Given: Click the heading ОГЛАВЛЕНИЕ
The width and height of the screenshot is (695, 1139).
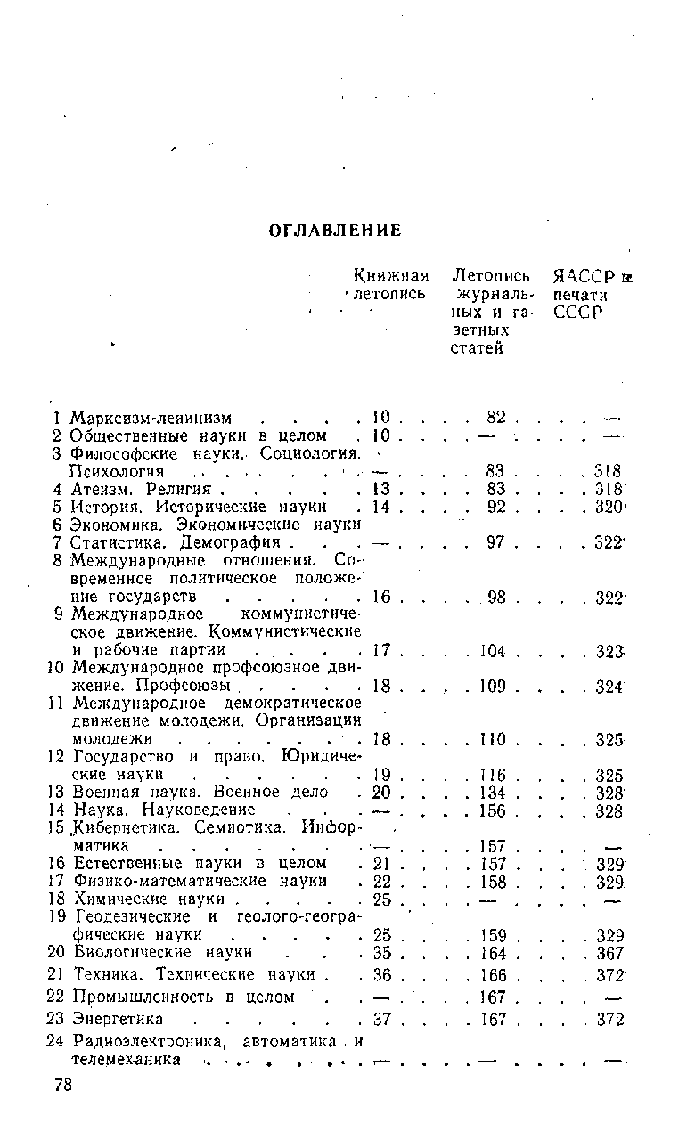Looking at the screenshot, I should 335,231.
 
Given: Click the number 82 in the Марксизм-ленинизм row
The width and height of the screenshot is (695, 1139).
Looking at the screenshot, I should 496,418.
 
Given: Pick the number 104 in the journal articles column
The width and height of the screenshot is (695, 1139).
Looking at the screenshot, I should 492,651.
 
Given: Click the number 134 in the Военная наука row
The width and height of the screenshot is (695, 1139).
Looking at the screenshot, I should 492,793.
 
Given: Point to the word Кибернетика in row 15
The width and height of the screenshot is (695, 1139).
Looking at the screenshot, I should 119,827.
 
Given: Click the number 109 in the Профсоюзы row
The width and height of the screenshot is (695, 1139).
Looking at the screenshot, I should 492,687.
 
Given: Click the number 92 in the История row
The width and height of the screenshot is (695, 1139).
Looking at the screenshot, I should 496,507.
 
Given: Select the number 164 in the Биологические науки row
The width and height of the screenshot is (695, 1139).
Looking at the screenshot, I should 492,954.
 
